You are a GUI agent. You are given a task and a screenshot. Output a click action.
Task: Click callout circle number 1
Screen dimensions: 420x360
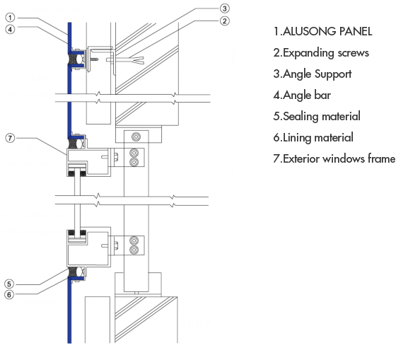[10, 18]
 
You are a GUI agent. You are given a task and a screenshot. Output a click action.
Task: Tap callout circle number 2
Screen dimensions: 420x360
[224, 21]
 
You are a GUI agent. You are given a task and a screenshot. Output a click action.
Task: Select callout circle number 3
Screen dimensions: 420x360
[224, 8]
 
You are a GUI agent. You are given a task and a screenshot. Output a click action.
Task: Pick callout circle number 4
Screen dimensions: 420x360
[10, 29]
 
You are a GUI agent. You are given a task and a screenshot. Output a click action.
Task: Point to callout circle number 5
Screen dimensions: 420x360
[9, 284]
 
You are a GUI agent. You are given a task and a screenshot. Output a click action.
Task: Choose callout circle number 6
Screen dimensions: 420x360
[9, 295]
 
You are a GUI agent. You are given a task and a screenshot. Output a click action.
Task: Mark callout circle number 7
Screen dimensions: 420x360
[10, 138]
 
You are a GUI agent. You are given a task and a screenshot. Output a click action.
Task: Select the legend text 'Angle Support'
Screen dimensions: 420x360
[317, 74]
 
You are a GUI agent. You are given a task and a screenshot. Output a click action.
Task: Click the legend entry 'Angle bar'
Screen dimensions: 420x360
[307, 95]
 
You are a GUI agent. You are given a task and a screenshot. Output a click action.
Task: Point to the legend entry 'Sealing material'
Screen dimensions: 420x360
[322, 117]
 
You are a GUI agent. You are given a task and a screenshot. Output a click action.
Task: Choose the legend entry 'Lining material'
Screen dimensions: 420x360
[318, 138]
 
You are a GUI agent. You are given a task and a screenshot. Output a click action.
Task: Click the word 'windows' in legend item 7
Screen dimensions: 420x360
[344, 159]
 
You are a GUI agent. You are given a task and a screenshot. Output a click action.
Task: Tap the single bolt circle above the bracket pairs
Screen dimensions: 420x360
[136, 137]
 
